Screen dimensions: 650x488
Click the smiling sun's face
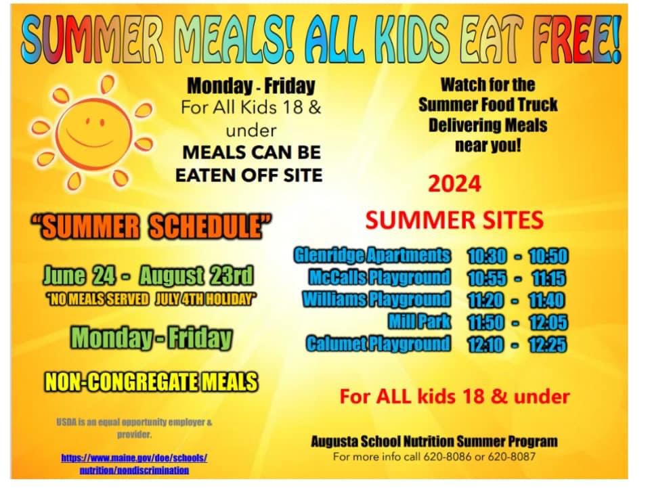click(x=94, y=133)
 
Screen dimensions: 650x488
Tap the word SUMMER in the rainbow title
click(x=91, y=40)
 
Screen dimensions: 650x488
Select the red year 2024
click(x=454, y=183)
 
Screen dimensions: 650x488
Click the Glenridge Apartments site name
click(x=372, y=255)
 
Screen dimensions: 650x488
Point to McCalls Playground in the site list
click(x=379, y=277)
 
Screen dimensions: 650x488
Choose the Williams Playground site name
click(x=376, y=299)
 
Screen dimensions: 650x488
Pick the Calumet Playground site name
click(x=378, y=343)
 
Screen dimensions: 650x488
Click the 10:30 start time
click(x=487, y=257)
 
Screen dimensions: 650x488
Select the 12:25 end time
click(x=548, y=345)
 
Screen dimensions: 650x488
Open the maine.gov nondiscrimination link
click(x=134, y=464)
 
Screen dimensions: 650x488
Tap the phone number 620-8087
click(x=512, y=457)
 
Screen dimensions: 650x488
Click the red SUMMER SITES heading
click(x=454, y=219)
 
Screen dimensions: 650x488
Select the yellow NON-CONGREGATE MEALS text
click(x=151, y=382)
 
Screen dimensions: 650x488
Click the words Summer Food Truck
click(x=488, y=105)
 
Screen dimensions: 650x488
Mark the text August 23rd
click(x=196, y=275)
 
